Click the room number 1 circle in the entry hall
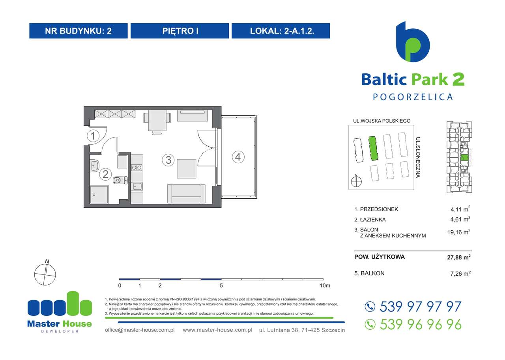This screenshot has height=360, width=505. click(x=93, y=136)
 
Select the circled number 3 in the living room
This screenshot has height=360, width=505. click(x=168, y=160)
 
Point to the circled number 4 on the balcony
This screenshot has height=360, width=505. click(x=238, y=157)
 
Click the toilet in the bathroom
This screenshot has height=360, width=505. click(x=119, y=181)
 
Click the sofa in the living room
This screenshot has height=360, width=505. click(x=186, y=193)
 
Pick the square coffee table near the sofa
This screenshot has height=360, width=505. click(x=186, y=168)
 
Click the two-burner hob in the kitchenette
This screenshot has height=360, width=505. click(x=137, y=168)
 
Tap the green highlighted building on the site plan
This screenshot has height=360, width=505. click(x=373, y=148)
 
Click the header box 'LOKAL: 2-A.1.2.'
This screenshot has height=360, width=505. click(x=281, y=31)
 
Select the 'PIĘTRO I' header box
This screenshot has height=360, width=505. click(x=180, y=31)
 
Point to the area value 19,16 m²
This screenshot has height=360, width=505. click(x=460, y=232)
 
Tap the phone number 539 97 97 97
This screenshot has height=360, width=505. click(x=420, y=306)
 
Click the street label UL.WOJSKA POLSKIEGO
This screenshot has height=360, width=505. click(x=382, y=121)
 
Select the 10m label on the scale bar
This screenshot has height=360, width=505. click(x=325, y=285)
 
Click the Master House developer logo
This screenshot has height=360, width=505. click(x=59, y=312)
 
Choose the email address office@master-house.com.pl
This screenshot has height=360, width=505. click(x=140, y=330)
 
